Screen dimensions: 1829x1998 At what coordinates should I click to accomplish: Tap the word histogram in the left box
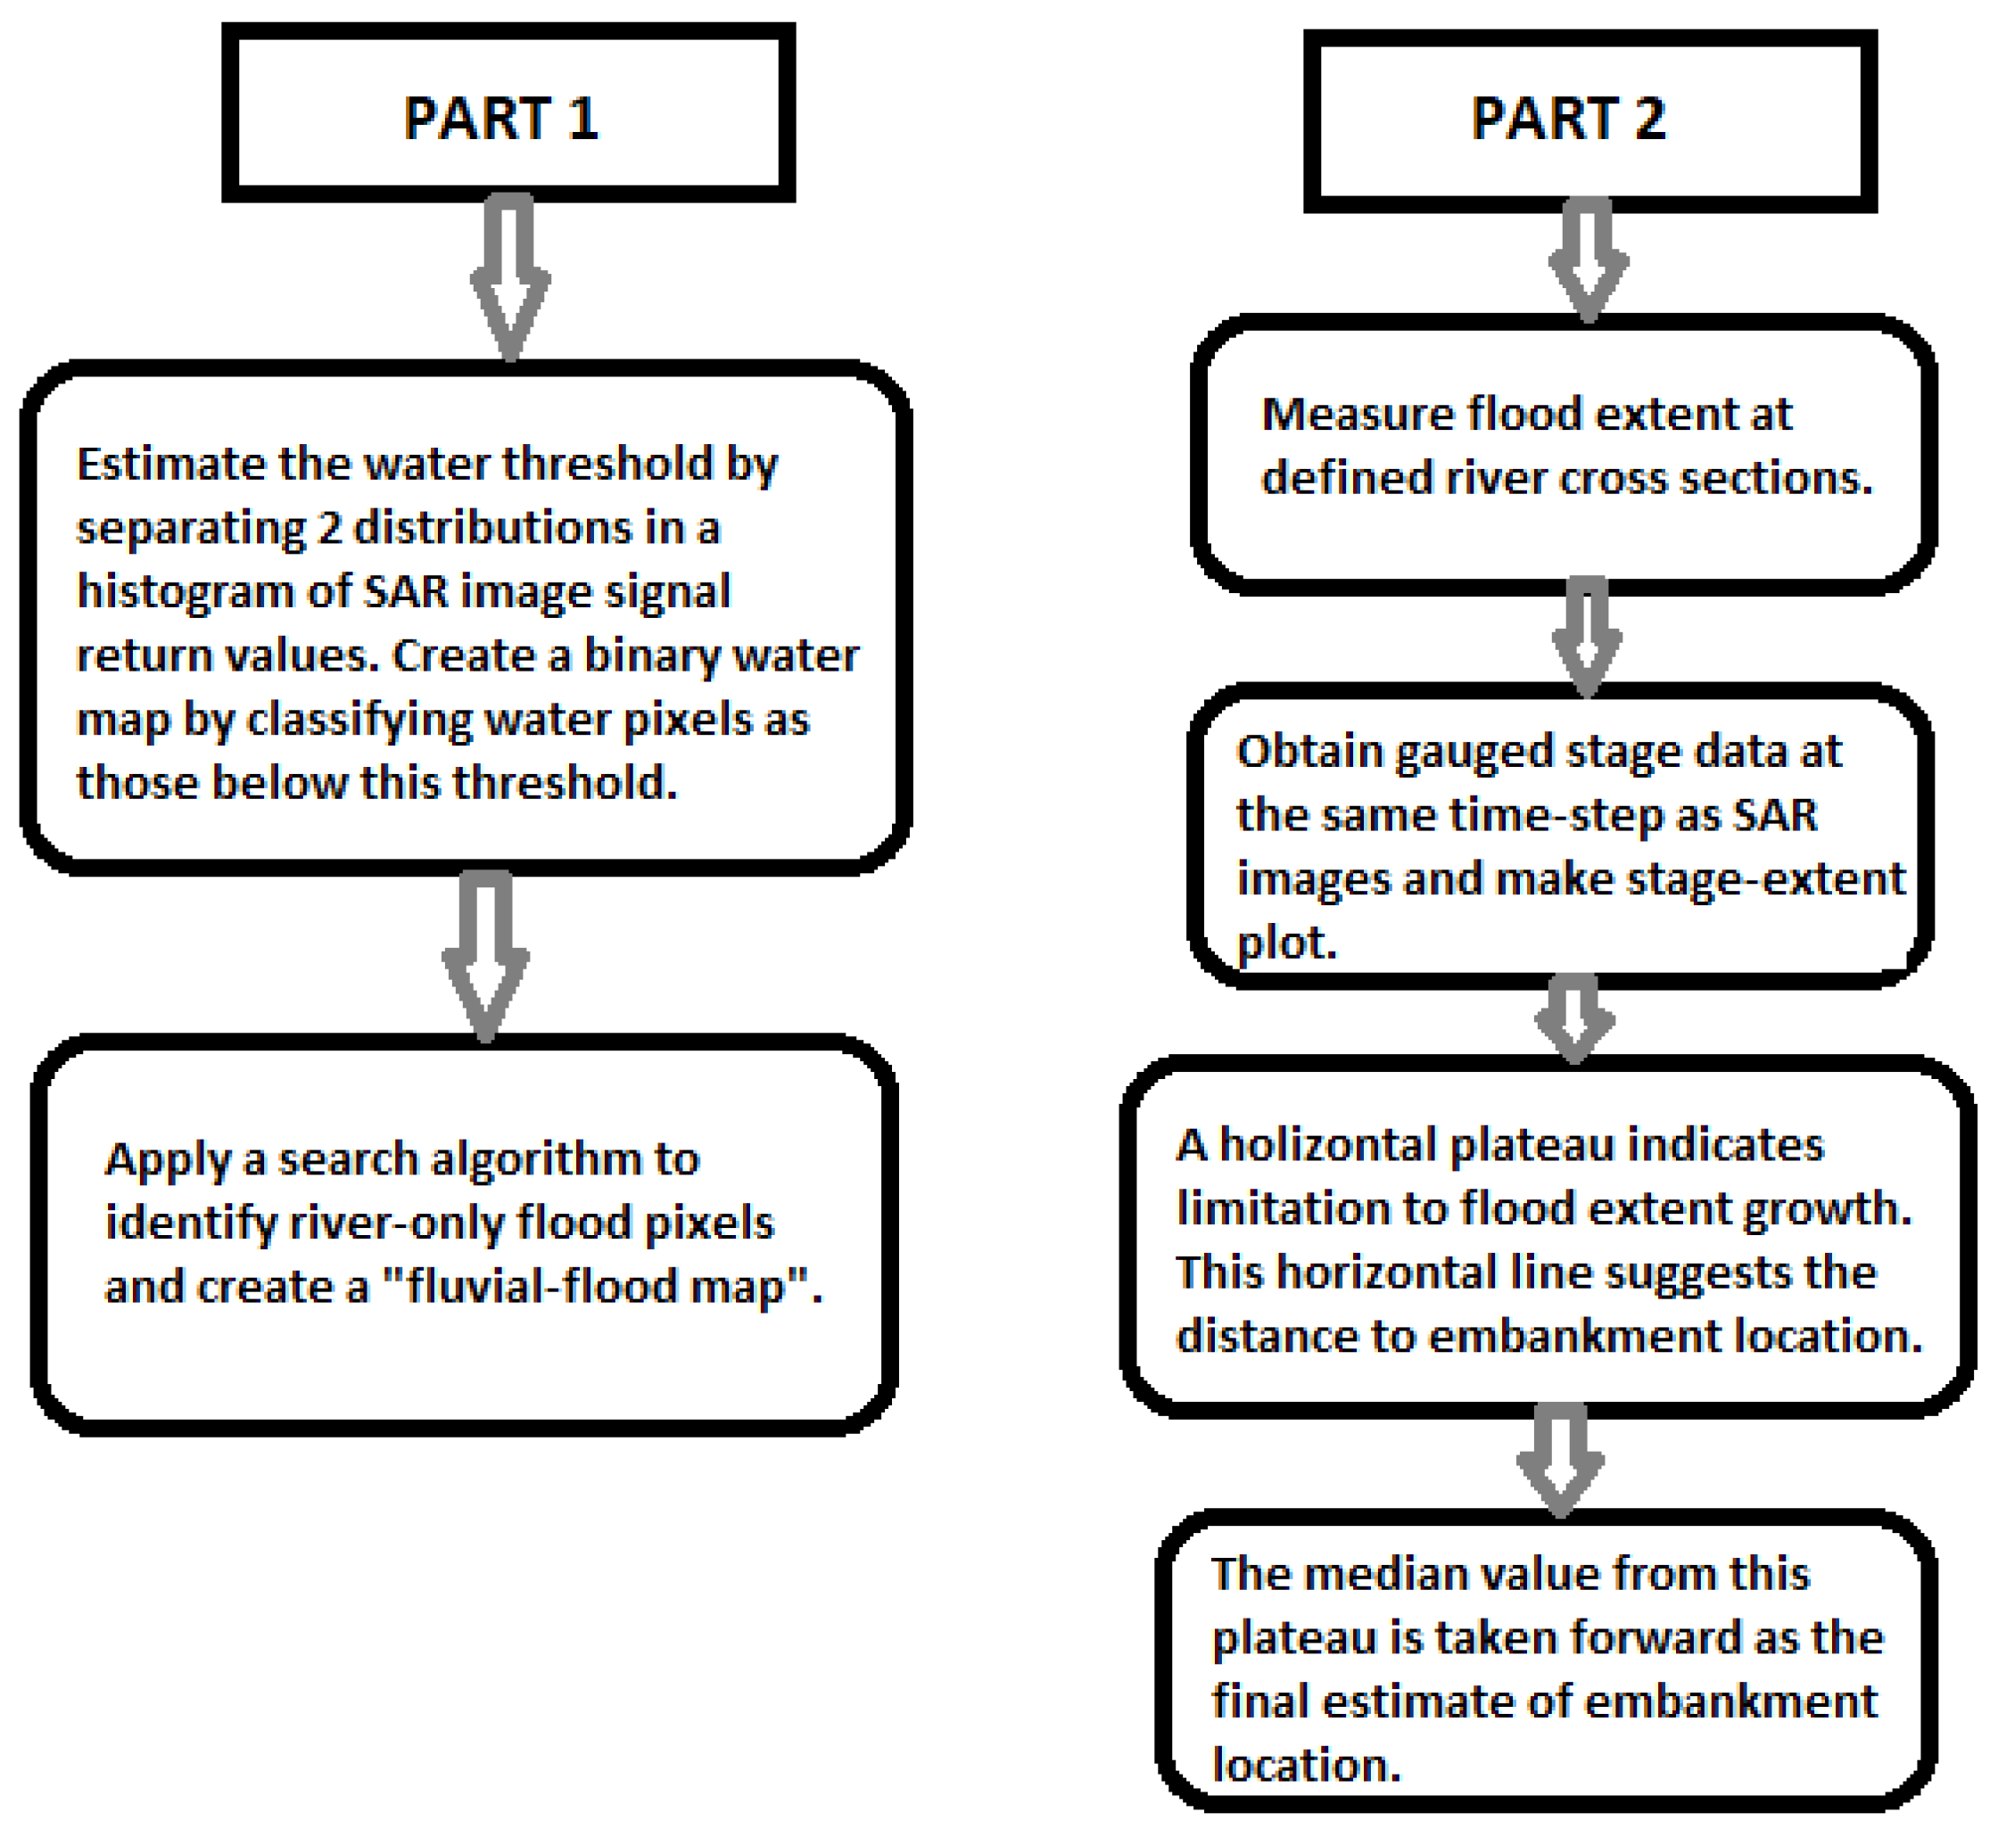pyautogui.click(x=184, y=592)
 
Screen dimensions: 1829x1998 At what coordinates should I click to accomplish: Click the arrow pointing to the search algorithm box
pyautogui.click(x=485, y=956)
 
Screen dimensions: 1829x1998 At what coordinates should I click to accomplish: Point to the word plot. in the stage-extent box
pyautogui.click(x=1286, y=943)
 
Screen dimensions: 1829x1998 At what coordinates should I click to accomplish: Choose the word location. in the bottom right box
pyautogui.click(x=1306, y=1765)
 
